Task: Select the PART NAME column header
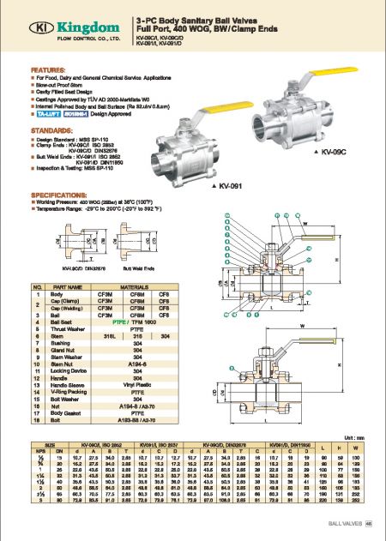coord(69,286)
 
